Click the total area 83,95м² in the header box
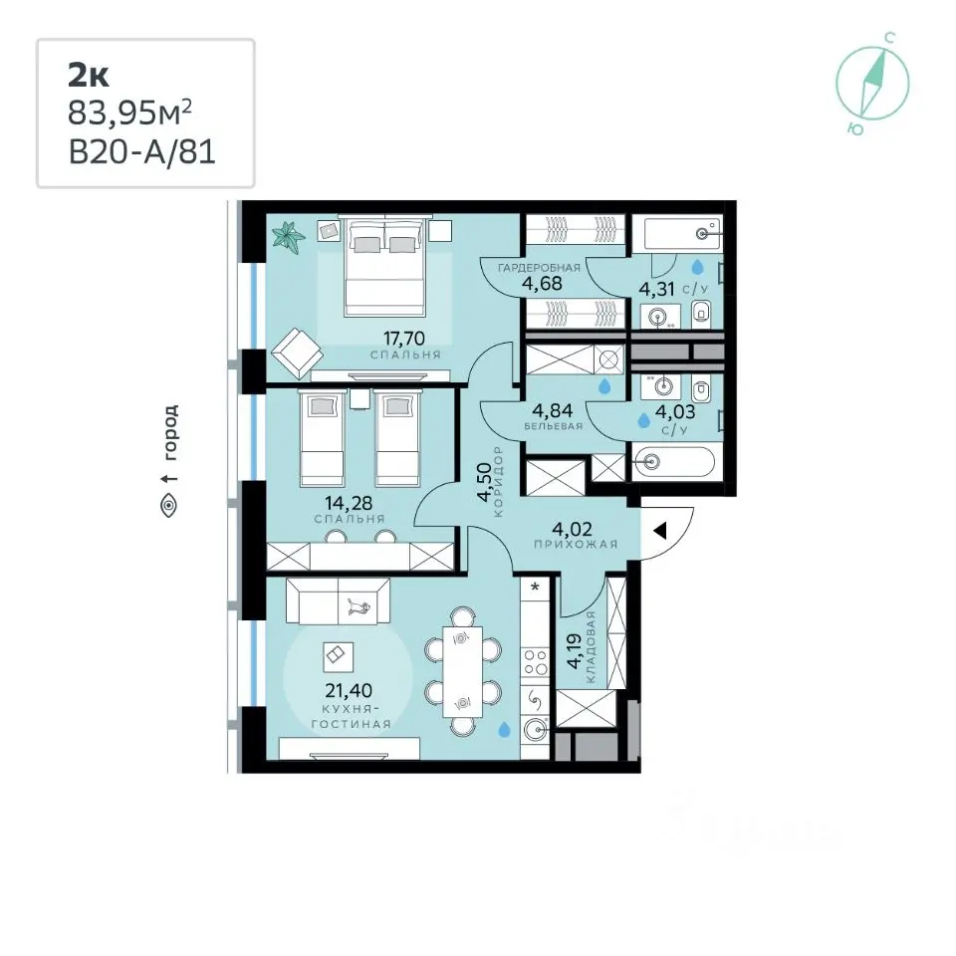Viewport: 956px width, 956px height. point(129,113)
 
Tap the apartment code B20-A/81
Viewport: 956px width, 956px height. point(142,151)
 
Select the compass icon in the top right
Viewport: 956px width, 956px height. point(872,84)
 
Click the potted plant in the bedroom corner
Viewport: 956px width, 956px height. point(289,237)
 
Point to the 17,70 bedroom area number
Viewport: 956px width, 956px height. point(403,338)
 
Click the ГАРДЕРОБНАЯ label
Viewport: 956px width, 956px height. point(539,268)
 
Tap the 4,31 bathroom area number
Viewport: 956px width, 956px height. point(656,289)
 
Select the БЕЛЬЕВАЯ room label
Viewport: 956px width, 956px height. point(554,426)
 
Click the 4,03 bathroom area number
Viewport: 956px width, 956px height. point(675,411)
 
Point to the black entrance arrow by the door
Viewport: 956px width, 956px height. point(659,531)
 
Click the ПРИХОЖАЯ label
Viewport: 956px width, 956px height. point(576,545)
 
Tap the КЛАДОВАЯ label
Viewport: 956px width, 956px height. point(590,648)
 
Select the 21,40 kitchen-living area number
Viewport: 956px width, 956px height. point(349,691)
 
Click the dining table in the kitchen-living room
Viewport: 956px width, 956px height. point(463,671)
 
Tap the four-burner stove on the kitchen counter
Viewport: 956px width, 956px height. point(536,663)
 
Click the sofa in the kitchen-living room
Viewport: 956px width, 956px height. point(338,601)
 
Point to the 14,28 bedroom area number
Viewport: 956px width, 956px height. point(349,503)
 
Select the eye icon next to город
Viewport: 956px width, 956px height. point(169,505)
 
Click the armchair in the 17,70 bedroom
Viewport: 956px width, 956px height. point(298,354)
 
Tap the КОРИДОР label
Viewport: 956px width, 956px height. point(499,482)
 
